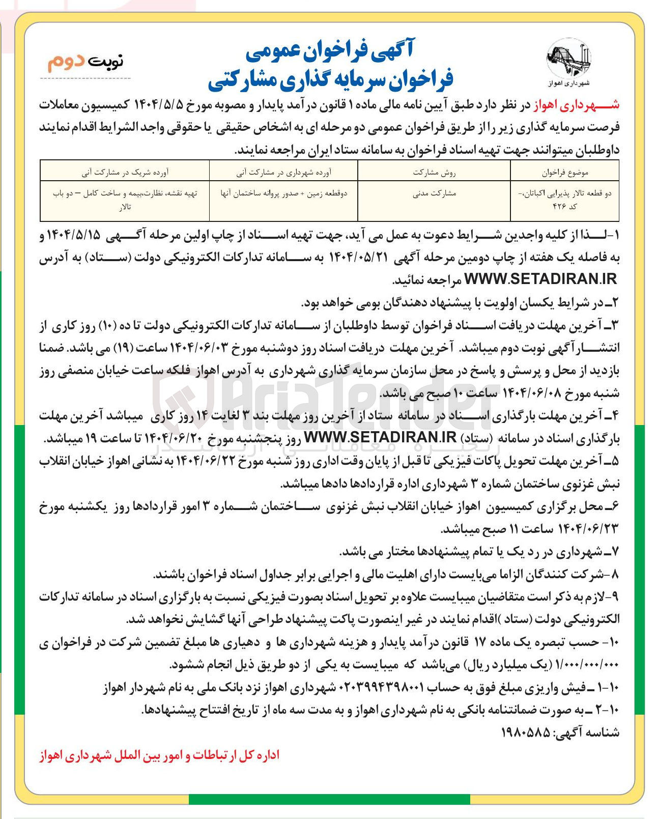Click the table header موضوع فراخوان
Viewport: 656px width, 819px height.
click(565, 173)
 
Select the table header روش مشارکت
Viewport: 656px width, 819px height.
click(434, 173)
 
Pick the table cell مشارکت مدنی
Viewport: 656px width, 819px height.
click(434, 193)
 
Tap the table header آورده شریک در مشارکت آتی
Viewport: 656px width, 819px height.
click(125, 173)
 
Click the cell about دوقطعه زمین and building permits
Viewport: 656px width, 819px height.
click(283, 193)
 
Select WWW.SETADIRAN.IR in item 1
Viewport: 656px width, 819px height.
click(541, 279)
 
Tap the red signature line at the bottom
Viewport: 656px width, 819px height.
click(159, 755)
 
